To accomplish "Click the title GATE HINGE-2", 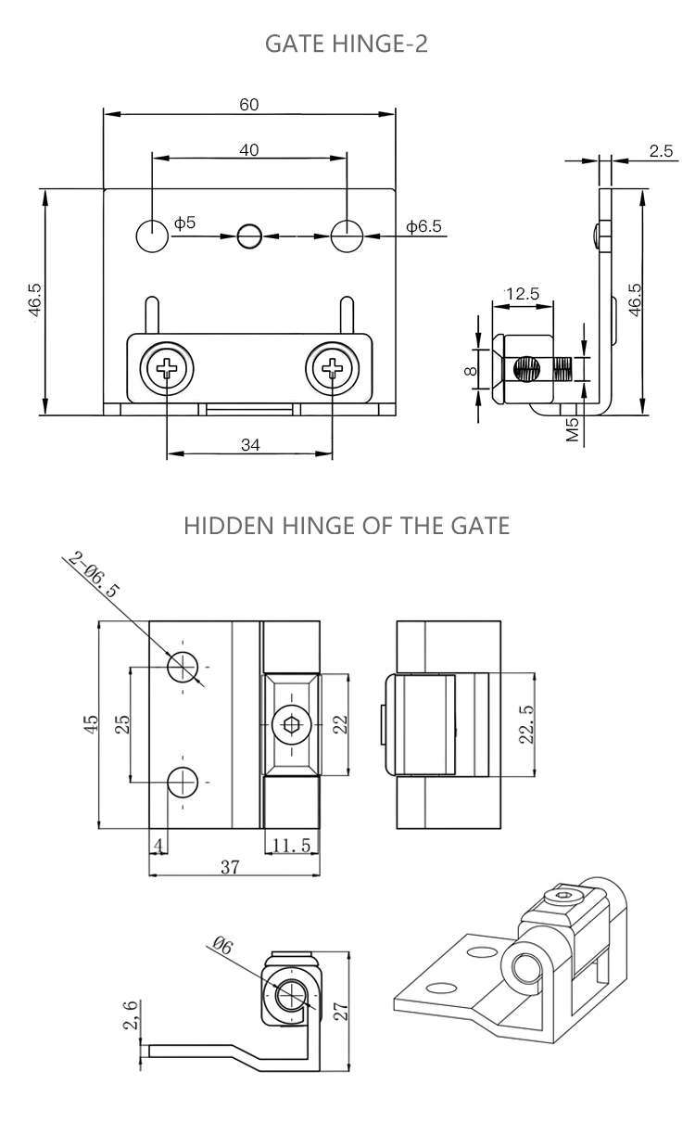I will [347, 44].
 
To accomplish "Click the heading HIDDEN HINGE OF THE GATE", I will [347, 526].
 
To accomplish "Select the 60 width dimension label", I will [249, 104].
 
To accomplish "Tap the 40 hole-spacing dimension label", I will [249, 149].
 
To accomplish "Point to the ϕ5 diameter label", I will [185, 223].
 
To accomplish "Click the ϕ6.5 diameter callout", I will [423, 225].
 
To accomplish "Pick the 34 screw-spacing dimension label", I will [249, 444].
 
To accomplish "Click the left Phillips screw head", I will [168, 370].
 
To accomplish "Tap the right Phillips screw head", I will [332, 370].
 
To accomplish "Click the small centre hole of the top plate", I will [249, 236].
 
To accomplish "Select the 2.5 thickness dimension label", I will [660, 151].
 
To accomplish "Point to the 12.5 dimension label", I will [521, 294].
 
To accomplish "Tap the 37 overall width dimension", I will [231, 867].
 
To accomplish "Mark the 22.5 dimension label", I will [526, 723].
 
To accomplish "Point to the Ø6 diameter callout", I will [222, 945].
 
